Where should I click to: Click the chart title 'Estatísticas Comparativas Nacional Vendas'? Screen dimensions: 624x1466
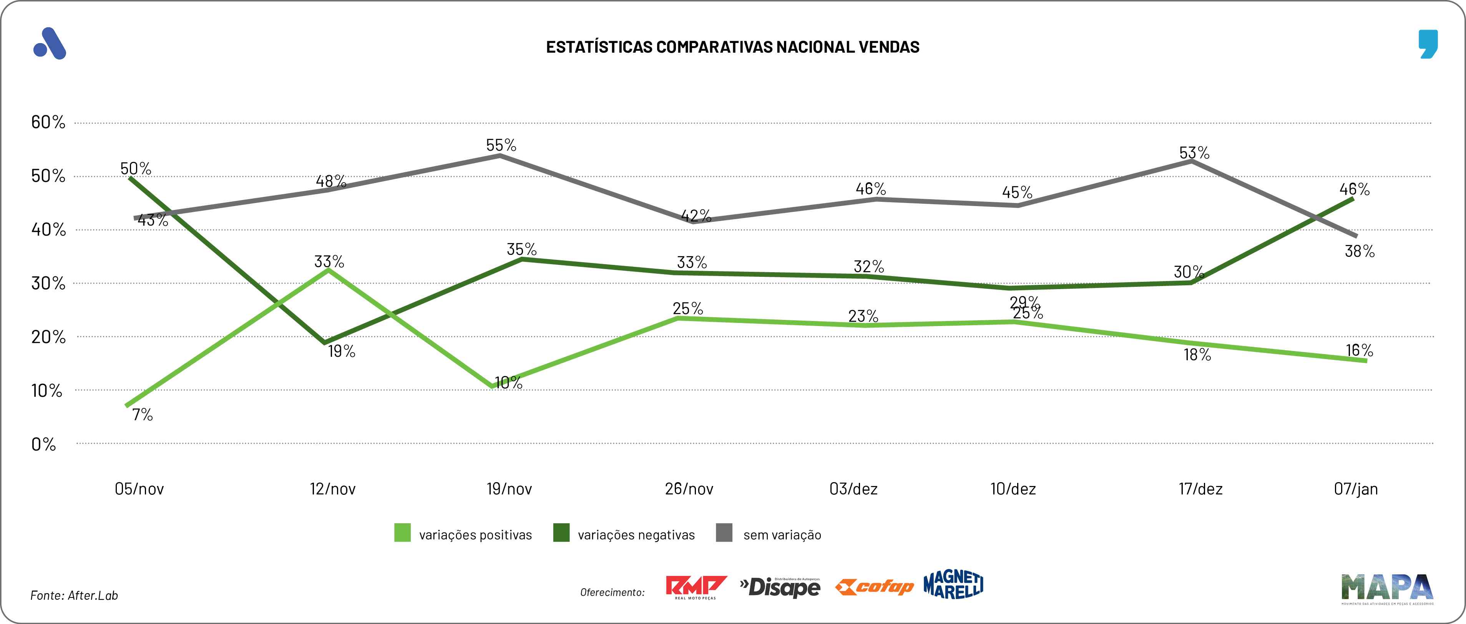(732, 47)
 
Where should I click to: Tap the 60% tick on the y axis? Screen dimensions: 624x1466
(48, 122)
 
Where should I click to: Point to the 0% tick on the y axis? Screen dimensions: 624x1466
(44, 444)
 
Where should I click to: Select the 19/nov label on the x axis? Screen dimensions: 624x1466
(509, 489)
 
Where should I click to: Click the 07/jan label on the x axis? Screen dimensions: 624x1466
(1356, 489)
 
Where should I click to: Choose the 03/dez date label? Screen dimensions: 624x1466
(853, 489)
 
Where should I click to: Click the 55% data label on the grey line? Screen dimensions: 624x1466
(501, 145)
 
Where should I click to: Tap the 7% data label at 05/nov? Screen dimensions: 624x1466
(142, 414)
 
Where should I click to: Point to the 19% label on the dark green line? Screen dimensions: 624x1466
(342, 351)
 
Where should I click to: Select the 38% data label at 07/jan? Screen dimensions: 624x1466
(1360, 251)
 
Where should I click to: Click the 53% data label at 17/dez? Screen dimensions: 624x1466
(1194, 153)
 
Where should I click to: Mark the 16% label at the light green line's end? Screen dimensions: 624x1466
(1359, 350)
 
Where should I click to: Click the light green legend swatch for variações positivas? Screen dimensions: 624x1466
(402, 533)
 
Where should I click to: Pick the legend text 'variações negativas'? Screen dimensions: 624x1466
(636, 535)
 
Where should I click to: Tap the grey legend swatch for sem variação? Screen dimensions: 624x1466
(724, 533)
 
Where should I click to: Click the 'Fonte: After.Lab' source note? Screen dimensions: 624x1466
(74, 595)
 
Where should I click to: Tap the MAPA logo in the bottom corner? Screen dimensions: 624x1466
(1387, 589)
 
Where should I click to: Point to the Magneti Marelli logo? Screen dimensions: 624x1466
(953, 585)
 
